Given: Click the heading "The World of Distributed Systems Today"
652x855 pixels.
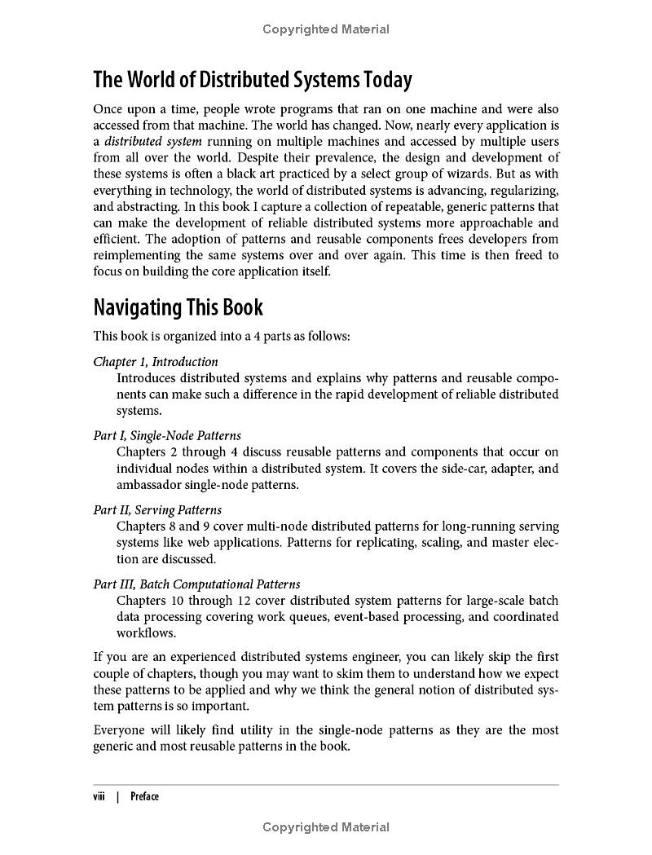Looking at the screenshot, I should [253, 80].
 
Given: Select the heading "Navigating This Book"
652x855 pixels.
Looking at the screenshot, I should [178, 307].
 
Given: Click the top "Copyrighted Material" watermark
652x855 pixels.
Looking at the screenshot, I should [326, 29].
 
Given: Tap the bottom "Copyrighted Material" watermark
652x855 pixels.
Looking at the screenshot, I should [326, 827].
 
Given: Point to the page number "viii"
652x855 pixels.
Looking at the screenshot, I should [99, 796].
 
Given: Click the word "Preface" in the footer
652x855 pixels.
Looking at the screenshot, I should [144, 796].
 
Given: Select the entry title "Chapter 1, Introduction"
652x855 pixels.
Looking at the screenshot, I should [156, 361].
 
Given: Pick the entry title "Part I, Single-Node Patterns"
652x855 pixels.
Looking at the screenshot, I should [167, 435].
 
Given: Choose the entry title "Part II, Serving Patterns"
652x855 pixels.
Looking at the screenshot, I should [157, 509].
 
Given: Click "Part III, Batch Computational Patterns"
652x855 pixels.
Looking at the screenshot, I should [196, 584].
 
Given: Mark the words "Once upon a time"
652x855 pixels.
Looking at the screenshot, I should [139, 108].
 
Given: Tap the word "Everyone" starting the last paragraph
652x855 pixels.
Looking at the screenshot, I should [121, 729].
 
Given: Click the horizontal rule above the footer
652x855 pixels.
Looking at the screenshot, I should [326, 785].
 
